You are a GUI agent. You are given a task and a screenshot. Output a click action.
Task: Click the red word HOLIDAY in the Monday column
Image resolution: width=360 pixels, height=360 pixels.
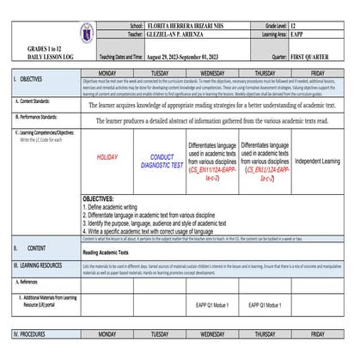coord(107,158)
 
